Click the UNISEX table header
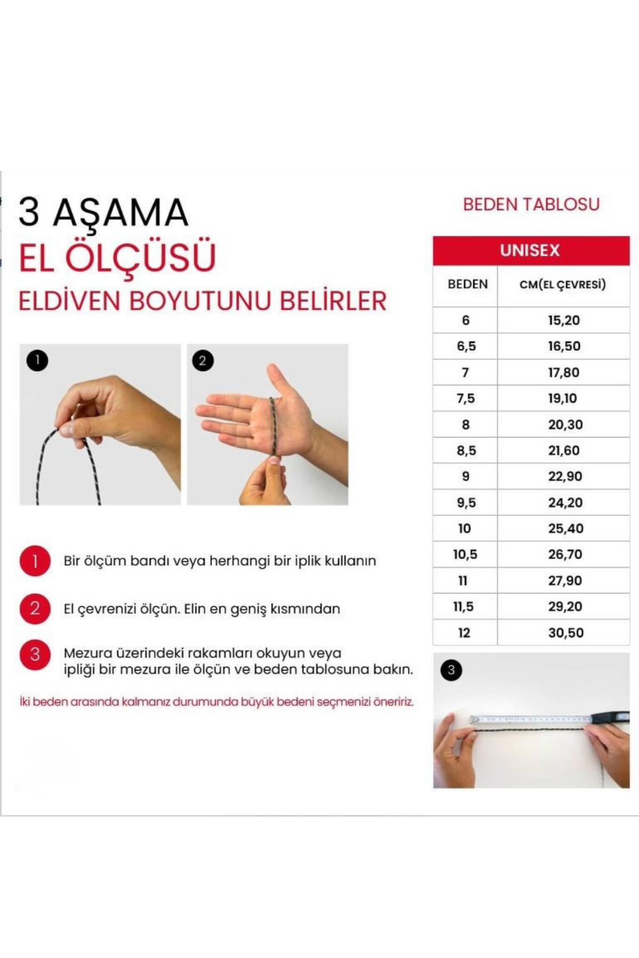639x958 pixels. pos(530,251)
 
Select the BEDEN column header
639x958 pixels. pos(467,284)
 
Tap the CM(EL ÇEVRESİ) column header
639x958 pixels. pos(563,285)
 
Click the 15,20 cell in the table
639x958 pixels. pos(563,320)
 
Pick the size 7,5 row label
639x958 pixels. pos(465,399)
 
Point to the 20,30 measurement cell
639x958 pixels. pos(565,425)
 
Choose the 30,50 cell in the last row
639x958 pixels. pos(566,633)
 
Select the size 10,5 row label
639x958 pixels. pos(465,555)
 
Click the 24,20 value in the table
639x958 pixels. pos(565,502)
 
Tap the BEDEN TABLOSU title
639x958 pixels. pos(531,204)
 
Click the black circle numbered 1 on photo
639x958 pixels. pos(37,361)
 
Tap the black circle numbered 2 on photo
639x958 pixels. pos(202,361)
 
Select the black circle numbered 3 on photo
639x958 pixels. pos(451,670)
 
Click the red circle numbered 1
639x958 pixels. pos(35,561)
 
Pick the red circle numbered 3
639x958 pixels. pos(35,655)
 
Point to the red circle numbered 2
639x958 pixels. pos(35,608)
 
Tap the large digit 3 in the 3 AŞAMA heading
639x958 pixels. pos(29,212)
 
